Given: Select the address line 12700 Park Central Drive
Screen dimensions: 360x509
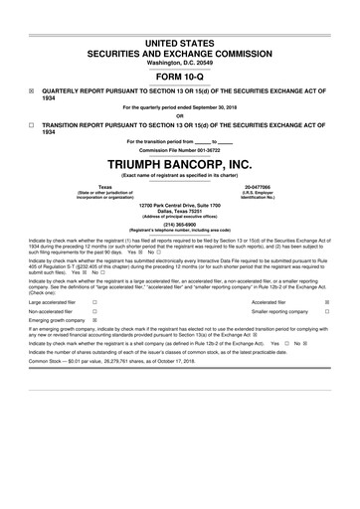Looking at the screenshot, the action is tap(179, 204).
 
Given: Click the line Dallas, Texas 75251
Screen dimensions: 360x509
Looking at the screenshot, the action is tap(179, 211).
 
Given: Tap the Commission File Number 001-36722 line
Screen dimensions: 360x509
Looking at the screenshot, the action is tap(179, 149).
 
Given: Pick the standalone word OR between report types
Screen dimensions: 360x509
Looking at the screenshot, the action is tap(179, 113).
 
